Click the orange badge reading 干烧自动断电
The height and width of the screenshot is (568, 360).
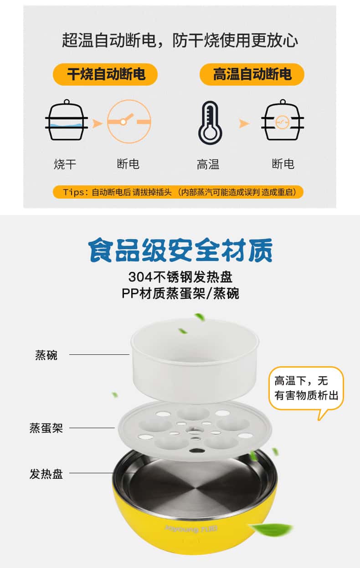pos(105,74)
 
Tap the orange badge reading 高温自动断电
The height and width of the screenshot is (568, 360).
pos(252,74)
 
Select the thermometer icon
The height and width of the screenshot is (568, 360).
pos(210,123)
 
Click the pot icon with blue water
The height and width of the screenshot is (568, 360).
pos(67,120)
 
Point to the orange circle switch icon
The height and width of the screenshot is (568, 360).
pos(129,122)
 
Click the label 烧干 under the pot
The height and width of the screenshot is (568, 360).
pos(65,164)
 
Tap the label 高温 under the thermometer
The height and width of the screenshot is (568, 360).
pos(208,164)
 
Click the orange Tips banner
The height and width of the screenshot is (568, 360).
pos(178,192)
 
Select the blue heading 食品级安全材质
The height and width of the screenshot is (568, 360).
pos(180,250)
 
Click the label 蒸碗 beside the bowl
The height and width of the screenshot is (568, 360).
pos(46,355)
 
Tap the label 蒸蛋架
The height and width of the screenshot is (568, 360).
pos(46,428)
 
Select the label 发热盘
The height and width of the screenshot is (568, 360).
pos(46,474)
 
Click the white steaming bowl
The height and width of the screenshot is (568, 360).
pos(195,360)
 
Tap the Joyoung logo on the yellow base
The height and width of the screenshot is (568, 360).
pos(191,529)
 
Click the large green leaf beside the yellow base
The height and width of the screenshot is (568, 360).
pos(271,529)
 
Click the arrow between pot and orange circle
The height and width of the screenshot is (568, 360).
pos(97,123)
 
